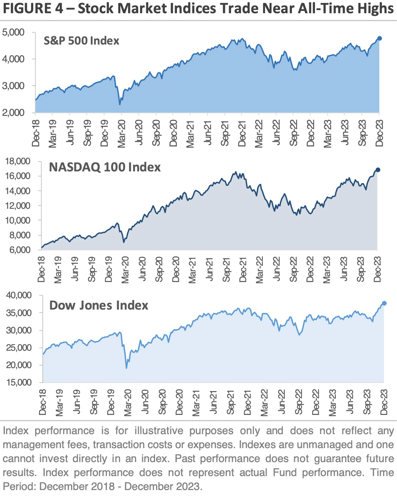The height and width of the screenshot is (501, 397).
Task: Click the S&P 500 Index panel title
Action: tap(81, 41)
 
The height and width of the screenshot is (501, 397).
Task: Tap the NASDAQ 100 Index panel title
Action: tap(105, 167)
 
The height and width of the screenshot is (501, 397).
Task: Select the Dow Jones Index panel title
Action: tap(99, 305)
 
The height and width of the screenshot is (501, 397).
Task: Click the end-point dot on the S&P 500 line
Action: tap(380, 39)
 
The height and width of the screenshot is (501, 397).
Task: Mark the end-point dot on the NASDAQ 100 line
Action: tap(378, 170)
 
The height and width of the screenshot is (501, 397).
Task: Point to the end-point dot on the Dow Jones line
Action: tap(384, 303)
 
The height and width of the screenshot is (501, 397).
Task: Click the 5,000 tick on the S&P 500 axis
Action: tap(14, 32)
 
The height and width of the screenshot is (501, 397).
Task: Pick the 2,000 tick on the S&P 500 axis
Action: tap(14, 113)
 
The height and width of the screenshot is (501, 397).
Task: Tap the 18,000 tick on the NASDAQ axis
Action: tap(18, 161)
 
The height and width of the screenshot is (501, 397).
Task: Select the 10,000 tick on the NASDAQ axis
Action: tap(18, 220)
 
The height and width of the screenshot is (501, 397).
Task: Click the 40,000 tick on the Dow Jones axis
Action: tap(19, 295)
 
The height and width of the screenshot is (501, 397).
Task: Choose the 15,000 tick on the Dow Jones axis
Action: tap(19, 382)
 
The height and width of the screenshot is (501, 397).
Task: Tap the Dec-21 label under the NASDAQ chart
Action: tap(243, 270)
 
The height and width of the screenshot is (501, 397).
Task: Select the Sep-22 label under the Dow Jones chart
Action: tap(299, 402)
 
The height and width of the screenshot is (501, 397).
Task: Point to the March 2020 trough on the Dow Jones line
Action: tap(126, 368)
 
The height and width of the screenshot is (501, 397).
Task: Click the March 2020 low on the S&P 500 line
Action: tap(120, 104)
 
